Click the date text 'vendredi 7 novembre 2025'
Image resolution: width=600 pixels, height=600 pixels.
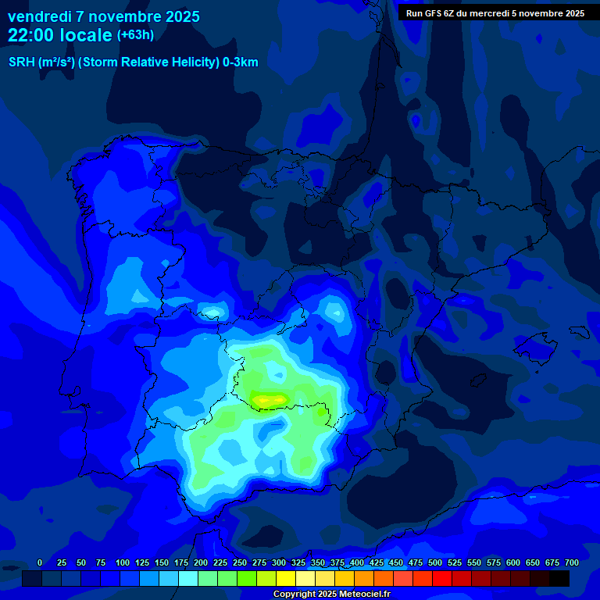click(x=103, y=16)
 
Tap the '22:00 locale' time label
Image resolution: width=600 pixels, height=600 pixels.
click(x=59, y=35)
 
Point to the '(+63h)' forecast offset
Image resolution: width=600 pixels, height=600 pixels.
click(x=135, y=35)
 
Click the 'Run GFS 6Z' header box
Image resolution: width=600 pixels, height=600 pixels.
click(x=495, y=13)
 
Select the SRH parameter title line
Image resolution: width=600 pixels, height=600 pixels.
click(x=133, y=62)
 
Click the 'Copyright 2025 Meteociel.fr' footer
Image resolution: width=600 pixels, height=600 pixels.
click(x=331, y=595)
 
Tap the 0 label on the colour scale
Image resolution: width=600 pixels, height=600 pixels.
click(x=40, y=563)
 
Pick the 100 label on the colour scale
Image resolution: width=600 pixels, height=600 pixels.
click(x=123, y=563)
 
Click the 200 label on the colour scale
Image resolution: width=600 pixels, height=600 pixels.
click(x=201, y=563)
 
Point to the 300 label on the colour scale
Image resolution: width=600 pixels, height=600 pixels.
click(x=279, y=563)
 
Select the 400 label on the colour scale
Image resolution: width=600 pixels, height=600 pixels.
click(x=357, y=563)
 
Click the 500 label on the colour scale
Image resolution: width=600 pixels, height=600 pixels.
click(x=435, y=563)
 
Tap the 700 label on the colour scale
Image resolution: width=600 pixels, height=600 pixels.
click(x=571, y=563)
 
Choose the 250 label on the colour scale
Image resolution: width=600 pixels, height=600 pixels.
click(x=240, y=563)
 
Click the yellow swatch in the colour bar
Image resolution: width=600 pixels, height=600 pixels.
click(x=286, y=579)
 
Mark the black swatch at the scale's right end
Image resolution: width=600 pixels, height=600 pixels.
click(x=559, y=579)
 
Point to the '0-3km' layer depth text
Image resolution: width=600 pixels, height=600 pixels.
click(x=241, y=62)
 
